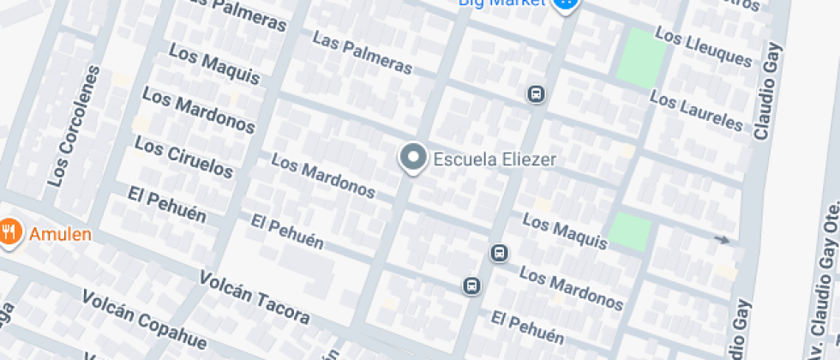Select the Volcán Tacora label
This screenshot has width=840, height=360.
[254, 297]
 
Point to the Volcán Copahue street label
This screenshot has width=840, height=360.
[144, 320]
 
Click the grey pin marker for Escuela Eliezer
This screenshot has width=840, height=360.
[414, 158]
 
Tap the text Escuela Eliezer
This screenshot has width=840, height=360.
[495, 159]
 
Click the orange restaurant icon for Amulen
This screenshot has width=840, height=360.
[9, 232]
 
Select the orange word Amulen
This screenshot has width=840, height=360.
[60, 233]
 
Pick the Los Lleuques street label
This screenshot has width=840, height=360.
[703, 46]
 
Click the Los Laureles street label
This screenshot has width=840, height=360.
[696, 111]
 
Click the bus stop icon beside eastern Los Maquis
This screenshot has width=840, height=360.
[499, 253]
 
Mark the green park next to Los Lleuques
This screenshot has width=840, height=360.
[641, 57]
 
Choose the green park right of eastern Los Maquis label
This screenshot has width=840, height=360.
[629, 231]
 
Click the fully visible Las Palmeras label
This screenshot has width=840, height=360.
[362, 53]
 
